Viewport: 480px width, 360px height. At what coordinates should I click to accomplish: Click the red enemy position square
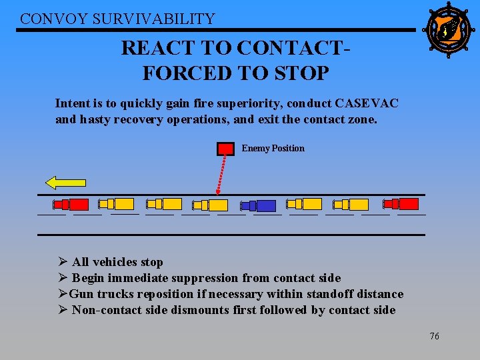pos(226,149)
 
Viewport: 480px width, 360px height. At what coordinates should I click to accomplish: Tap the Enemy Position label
pos(273,148)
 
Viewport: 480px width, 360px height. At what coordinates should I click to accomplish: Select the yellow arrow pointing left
pos(65,181)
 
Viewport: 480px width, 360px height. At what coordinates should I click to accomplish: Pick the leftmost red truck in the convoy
pos(71,204)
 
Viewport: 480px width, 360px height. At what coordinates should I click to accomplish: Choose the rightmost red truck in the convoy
pos(401,204)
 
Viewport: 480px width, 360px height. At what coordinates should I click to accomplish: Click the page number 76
pos(434,336)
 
